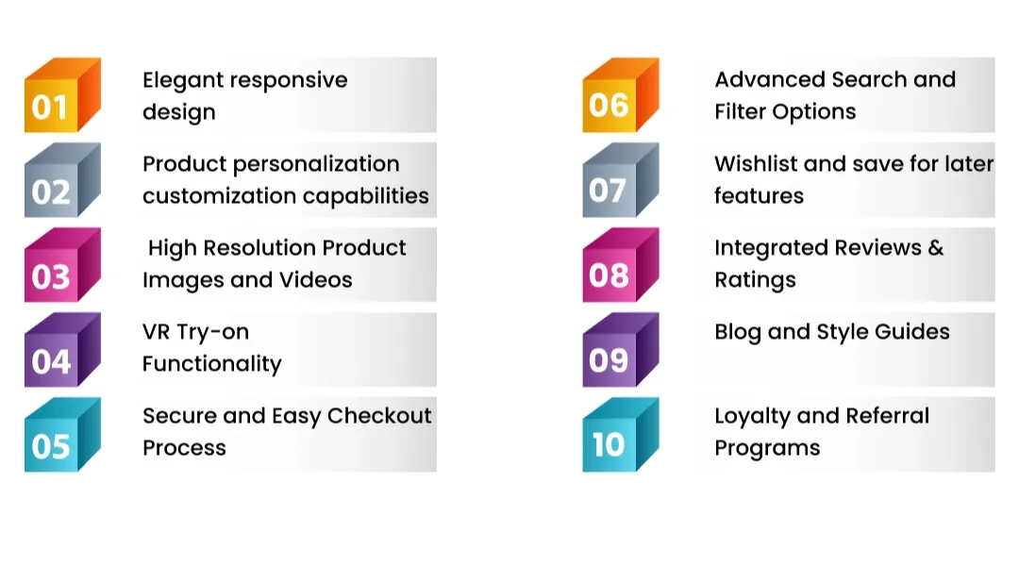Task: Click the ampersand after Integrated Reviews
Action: pyautogui.click(x=935, y=248)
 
